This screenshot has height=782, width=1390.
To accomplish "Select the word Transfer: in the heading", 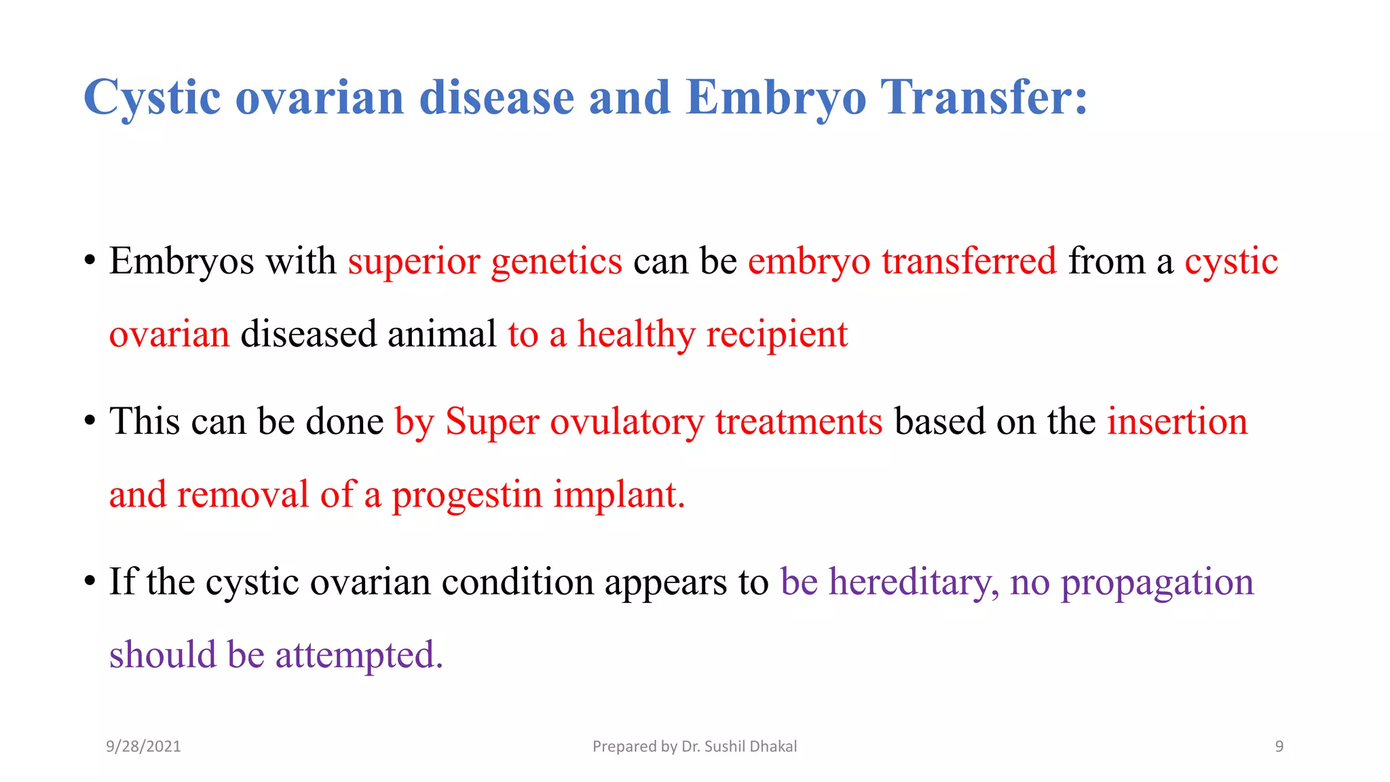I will [983, 97].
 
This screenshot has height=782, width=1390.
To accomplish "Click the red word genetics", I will [556, 262].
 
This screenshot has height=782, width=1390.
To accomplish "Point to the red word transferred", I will [969, 261].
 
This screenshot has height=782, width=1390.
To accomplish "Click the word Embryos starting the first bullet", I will [181, 262].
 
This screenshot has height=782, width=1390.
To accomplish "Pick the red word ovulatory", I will [626, 422].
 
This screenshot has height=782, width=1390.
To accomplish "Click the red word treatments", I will [799, 422].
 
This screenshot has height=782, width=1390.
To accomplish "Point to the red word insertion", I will [1177, 422].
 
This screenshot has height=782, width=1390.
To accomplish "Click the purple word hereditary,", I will [914, 582].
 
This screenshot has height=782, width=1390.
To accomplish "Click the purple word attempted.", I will [358, 656].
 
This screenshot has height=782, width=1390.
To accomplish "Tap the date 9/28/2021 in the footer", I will [143, 747].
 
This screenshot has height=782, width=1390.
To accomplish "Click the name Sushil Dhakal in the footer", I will [750, 747].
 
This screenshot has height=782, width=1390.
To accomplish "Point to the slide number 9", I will [1279, 747].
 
